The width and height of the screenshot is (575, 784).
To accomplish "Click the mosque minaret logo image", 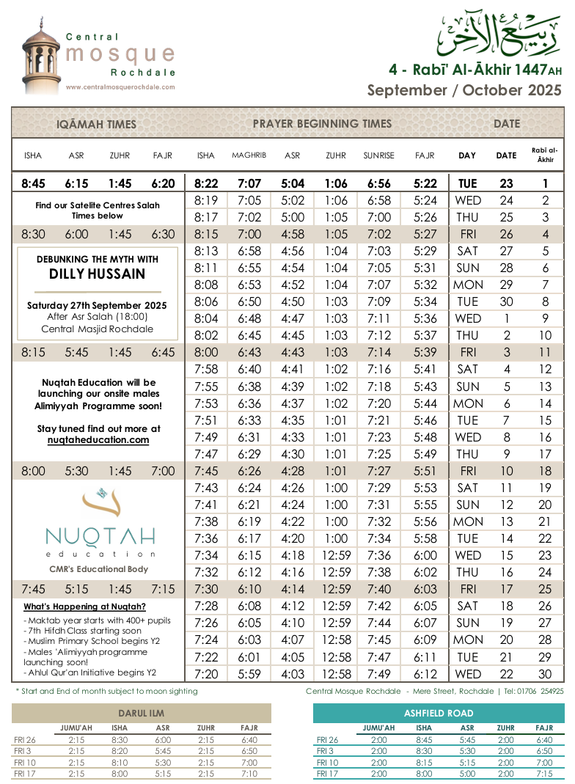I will (x=41, y=56).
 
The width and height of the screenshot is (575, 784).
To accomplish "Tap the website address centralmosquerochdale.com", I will (x=120, y=87).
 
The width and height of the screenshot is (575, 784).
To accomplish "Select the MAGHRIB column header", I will (x=249, y=155).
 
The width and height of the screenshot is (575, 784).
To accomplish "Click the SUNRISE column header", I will (x=378, y=155).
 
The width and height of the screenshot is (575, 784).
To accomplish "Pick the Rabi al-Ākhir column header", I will (x=545, y=155).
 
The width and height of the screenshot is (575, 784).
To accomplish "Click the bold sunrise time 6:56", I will (x=378, y=184).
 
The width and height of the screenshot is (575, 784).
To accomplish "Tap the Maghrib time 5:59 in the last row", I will (x=249, y=674).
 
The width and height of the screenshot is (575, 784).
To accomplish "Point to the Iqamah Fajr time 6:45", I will (x=163, y=353).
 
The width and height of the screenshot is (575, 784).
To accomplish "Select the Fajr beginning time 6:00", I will (x=425, y=555).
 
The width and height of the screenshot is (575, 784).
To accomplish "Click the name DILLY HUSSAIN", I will (x=98, y=274).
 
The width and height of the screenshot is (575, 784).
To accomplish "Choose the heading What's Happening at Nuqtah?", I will (x=84, y=607).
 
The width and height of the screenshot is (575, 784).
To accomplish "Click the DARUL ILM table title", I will (x=141, y=713).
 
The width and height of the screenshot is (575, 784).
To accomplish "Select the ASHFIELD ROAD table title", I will (x=439, y=713).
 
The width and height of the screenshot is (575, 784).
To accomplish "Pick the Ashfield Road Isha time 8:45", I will (x=423, y=740).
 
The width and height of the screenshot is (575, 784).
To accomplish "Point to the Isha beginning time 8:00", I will (x=206, y=353).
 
